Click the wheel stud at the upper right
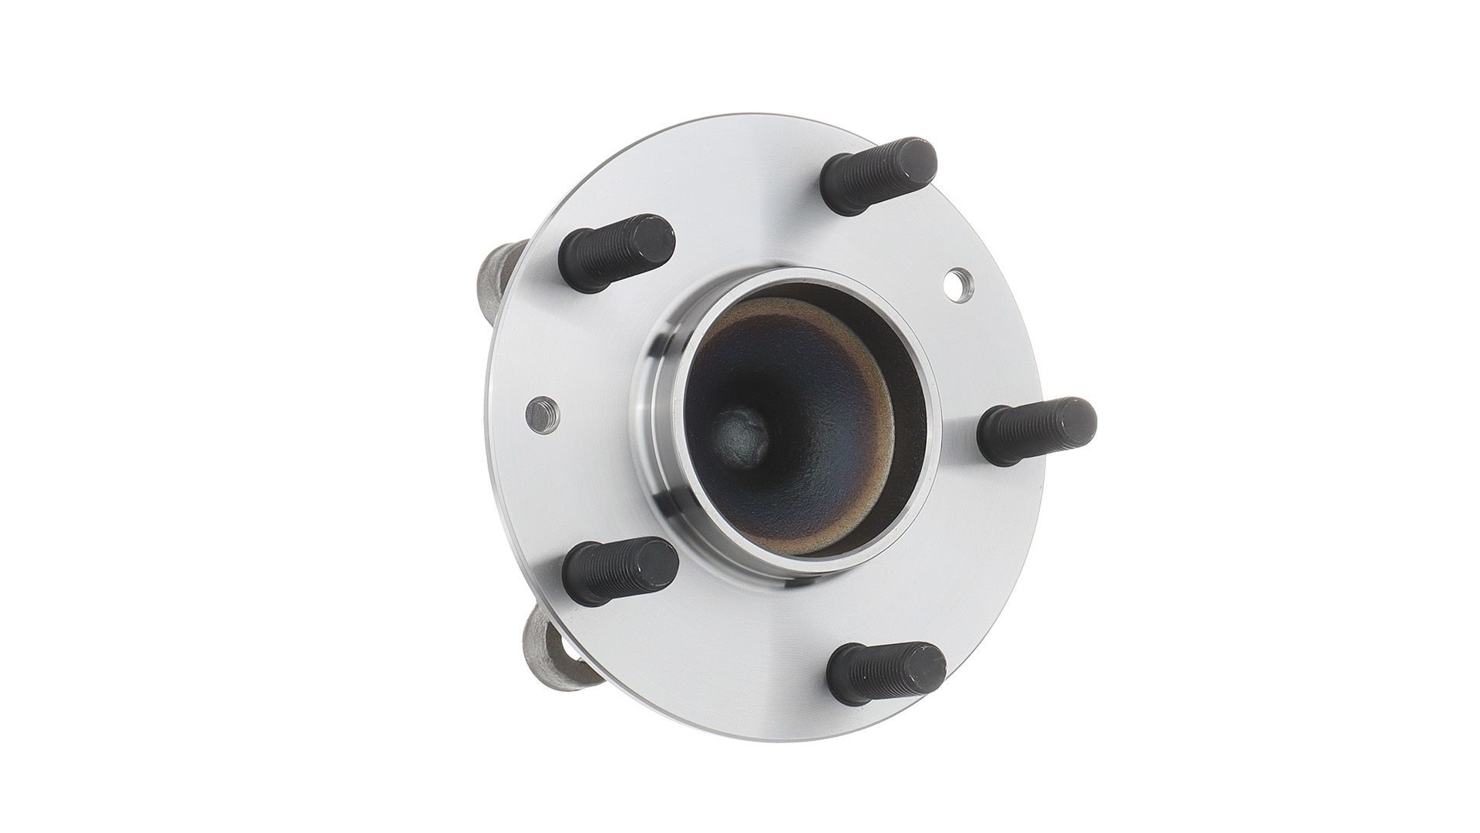pos(879,177)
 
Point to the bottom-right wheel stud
pos(886,673)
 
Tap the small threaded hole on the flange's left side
pos(543,414)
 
